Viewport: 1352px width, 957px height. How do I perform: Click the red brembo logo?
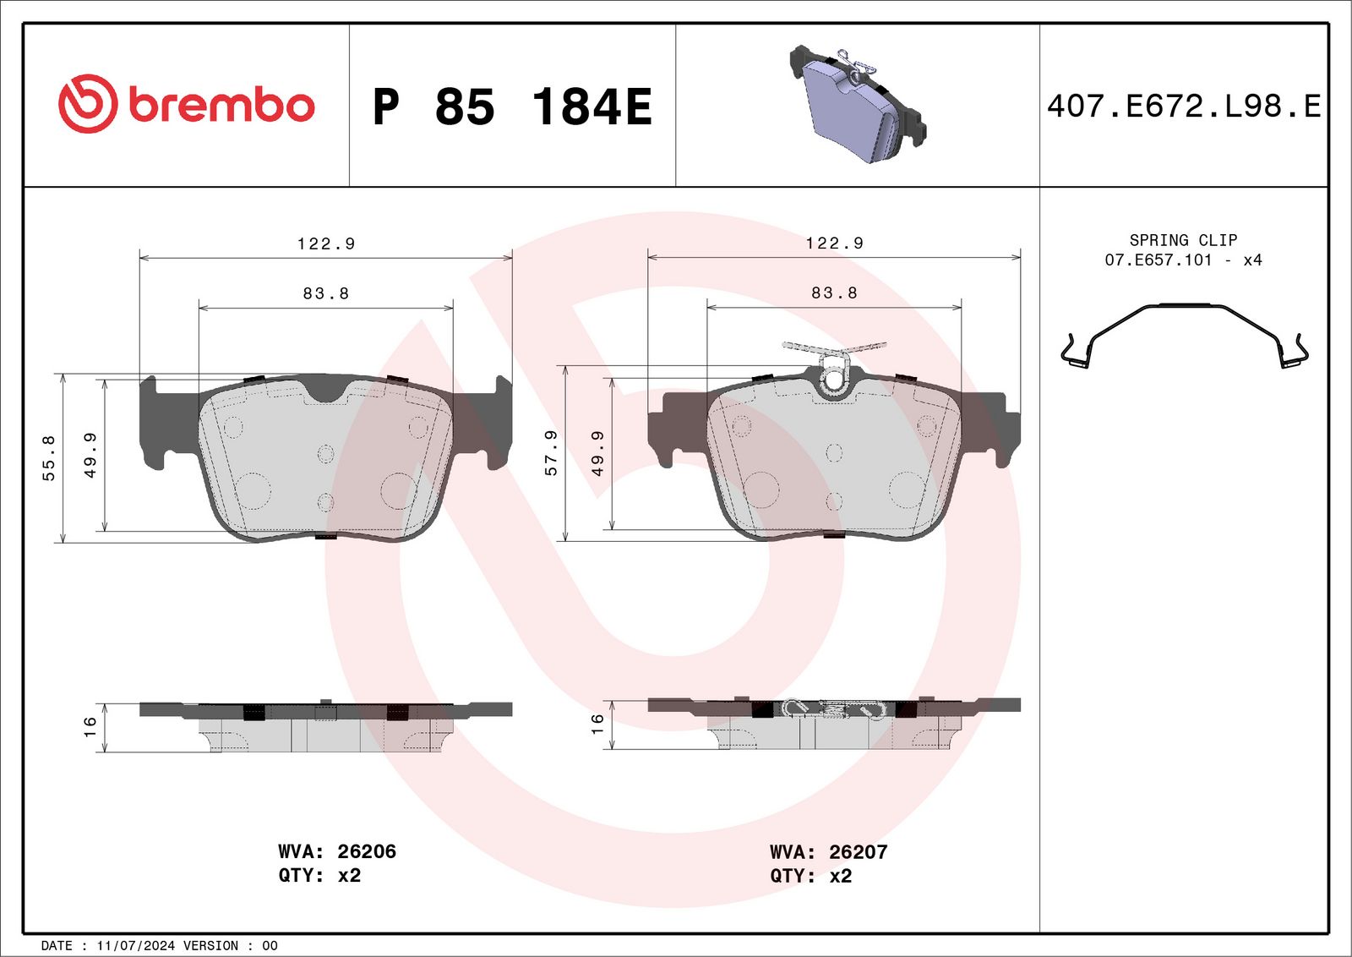(187, 104)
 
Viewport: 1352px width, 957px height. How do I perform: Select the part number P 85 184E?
(512, 107)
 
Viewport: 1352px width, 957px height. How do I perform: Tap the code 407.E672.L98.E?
(1184, 106)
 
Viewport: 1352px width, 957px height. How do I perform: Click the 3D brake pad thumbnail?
(858, 103)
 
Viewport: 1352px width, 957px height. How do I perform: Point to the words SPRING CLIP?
(1183, 240)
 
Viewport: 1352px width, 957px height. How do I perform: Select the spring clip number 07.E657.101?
(1158, 260)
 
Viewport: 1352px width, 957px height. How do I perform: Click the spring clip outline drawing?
(1184, 336)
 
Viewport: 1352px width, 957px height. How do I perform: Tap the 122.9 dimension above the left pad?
(326, 243)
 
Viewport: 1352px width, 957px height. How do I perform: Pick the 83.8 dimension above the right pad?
(834, 293)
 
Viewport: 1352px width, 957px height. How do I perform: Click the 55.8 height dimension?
(49, 457)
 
